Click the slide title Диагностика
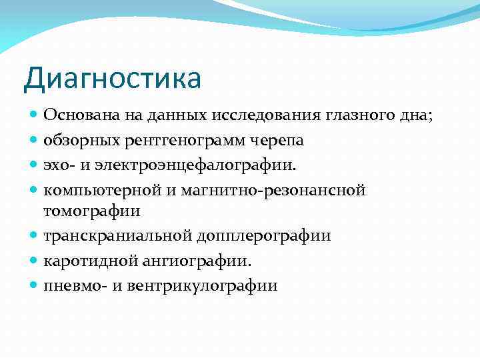pyautogui.click(x=112, y=78)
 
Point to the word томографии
pyautogui.click(x=92, y=211)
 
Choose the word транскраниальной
pyautogui.click(x=118, y=236)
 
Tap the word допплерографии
pyautogui.click(x=264, y=236)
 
